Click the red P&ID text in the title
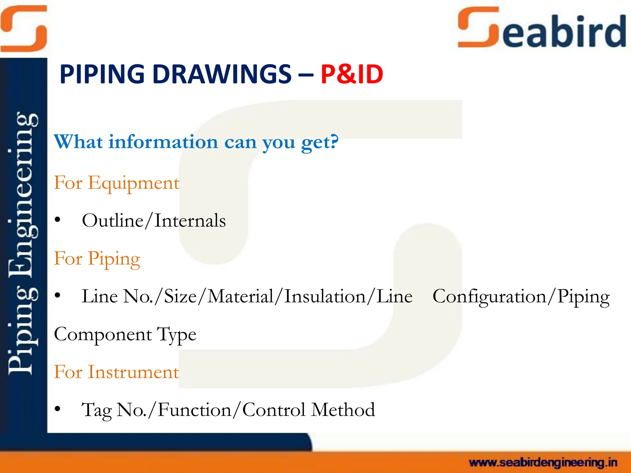[352, 74]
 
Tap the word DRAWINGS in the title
[222, 74]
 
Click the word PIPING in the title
[102, 74]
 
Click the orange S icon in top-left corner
[24, 28]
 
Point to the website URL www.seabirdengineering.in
[543, 463]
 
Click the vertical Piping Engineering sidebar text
[23, 243]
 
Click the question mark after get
[334, 141]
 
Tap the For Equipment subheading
[116, 183]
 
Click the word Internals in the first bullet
[190, 221]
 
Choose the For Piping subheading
[97, 259]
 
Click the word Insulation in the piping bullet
[325, 296]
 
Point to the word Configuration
[489, 297]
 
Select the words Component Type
[125, 335]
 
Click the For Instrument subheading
[116, 372]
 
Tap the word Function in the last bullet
[194, 410]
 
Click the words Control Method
[308, 410]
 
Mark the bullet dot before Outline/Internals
[57, 220]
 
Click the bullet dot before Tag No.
[57, 409]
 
